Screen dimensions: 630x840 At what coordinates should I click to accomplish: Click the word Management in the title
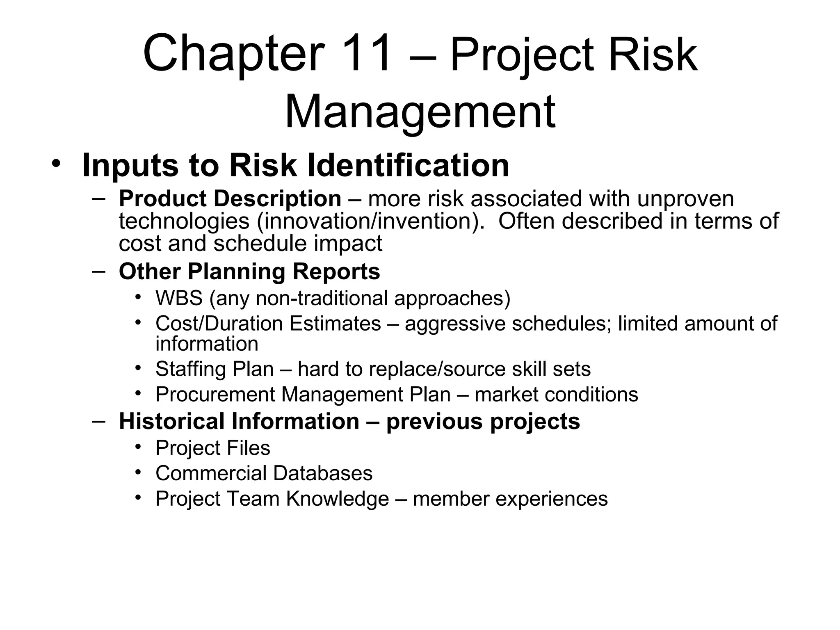tap(420, 112)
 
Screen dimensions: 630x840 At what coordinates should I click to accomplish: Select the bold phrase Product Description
tap(230, 199)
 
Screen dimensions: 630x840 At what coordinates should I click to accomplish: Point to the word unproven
tap(685, 199)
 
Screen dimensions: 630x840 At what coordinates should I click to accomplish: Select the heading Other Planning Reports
tap(249, 272)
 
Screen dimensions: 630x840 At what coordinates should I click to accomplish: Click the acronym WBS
tap(179, 298)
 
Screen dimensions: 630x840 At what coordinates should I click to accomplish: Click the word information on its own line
tap(207, 344)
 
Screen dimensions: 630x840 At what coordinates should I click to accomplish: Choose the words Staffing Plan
tap(215, 369)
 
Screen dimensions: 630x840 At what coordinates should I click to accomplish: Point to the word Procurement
tap(215, 395)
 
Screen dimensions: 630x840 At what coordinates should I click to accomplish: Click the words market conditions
tap(556, 395)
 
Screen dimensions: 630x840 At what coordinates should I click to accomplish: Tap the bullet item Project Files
tap(213, 448)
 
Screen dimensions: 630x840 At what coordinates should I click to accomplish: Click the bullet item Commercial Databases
tap(264, 473)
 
